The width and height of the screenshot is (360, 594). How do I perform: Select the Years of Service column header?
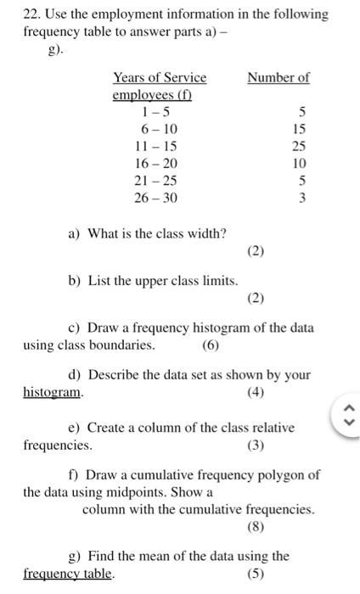160,78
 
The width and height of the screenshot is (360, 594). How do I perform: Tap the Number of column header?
278,78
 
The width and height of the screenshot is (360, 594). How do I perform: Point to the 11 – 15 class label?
156,146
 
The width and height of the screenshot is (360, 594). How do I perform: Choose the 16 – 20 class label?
156,163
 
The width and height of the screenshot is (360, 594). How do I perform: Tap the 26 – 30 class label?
156,198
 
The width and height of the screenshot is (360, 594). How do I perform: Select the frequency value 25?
299,146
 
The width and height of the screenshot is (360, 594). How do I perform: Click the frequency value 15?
299,129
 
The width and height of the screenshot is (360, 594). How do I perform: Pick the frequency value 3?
302,198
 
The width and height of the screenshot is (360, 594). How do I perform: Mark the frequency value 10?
299,163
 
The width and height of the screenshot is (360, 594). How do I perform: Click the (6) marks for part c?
211,345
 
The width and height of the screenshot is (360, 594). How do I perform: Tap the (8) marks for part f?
256,527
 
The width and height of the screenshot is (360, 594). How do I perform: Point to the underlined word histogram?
53,392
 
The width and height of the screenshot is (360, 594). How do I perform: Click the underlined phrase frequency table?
68,574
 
